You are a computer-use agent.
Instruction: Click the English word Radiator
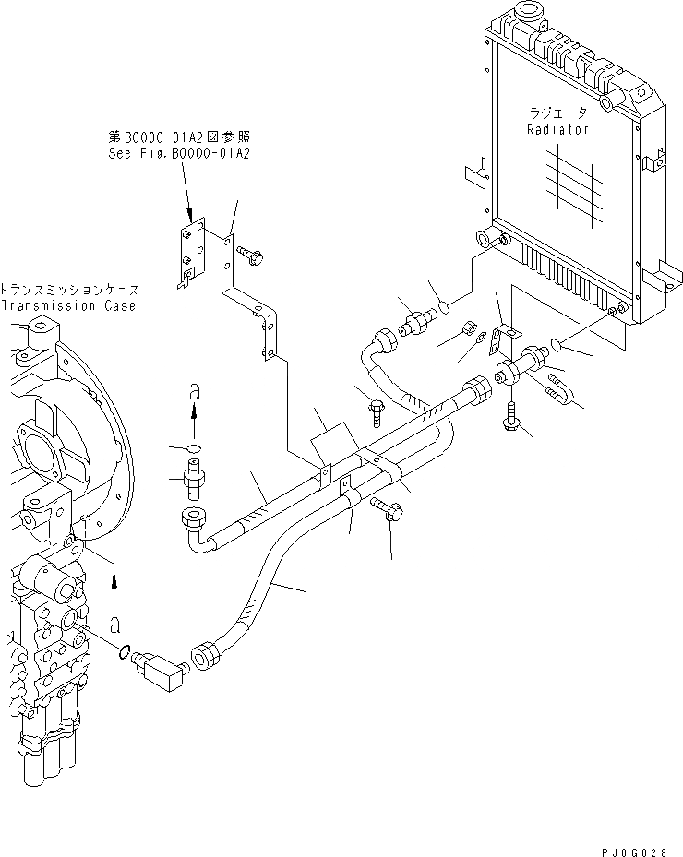coord(557,130)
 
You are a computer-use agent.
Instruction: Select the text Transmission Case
coord(67,305)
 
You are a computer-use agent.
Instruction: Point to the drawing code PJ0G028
coord(640,842)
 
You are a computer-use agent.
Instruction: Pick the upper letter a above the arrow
coord(194,392)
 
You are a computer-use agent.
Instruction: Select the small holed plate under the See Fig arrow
coord(190,250)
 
